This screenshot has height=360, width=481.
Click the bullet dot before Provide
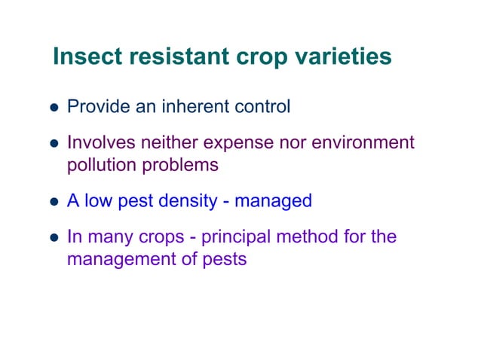55,108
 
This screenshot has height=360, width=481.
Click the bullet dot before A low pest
55,202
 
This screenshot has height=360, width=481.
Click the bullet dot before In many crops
55,238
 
